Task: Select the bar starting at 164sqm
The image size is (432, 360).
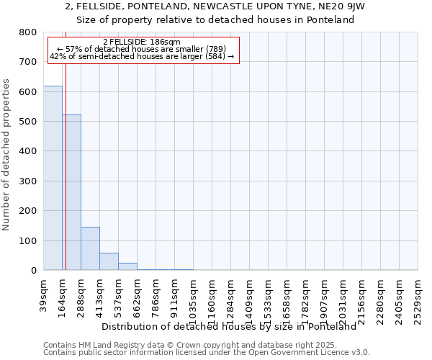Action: pos(71,192)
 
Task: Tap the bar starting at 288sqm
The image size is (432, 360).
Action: pos(90,248)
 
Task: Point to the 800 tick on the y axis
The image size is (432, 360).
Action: pos(28,32)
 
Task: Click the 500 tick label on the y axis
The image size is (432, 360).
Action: pos(28,122)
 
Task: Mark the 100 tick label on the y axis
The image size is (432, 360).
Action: pos(28,240)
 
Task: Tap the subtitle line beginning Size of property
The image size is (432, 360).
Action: pos(215,20)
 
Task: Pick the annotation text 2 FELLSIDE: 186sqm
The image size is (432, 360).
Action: pos(142,42)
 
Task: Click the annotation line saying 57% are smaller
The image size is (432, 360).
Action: pos(142,49)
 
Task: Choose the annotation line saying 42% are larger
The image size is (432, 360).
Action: pos(142,56)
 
